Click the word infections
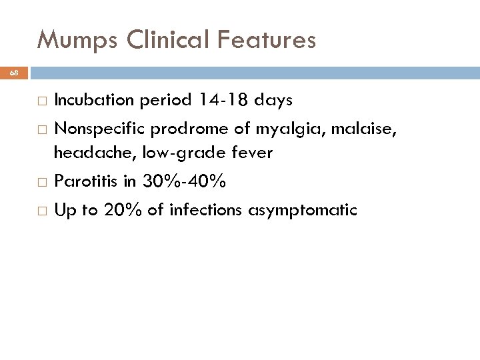(x=207, y=211)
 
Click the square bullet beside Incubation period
(x=42, y=101)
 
